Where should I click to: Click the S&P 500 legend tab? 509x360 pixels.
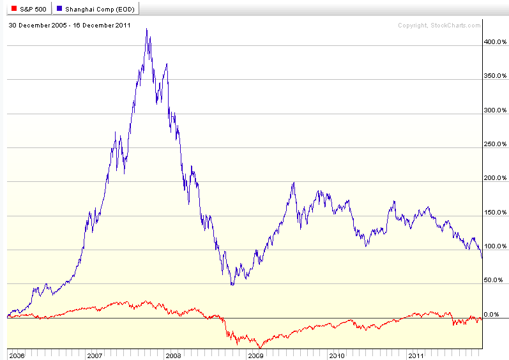tap(29, 9)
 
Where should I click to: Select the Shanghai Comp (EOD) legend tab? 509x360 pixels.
tap(96, 9)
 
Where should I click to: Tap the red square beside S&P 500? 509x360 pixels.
tap(14, 9)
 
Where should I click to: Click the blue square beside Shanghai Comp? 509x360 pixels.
tap(59, 9)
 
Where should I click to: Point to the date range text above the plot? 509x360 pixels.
tap(70, 26)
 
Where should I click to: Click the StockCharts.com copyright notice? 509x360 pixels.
tap(439, 26)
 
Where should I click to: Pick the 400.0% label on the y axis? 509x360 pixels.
tap(495, 42)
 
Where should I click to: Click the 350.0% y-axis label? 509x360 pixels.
tap(495, 76)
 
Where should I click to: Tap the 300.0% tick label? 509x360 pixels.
tap(495, 110)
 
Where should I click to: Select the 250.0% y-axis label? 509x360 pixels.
tap(495, 144)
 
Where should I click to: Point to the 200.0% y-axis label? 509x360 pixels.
tap(495, 178)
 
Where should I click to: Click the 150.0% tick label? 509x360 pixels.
tap(495, 213)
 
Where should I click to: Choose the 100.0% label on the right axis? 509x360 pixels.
tap(495, 246)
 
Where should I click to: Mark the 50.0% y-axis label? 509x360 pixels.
tap(494, 280)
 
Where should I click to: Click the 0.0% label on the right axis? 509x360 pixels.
tap(492, 314)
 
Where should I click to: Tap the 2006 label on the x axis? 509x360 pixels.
tap(17, 356)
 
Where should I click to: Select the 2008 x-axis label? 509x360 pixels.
tap(173, 356)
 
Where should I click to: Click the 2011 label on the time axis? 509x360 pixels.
tap(416, 356)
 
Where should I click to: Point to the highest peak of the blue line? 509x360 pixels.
tap(147, 29)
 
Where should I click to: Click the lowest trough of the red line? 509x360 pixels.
tap(260, 348)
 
